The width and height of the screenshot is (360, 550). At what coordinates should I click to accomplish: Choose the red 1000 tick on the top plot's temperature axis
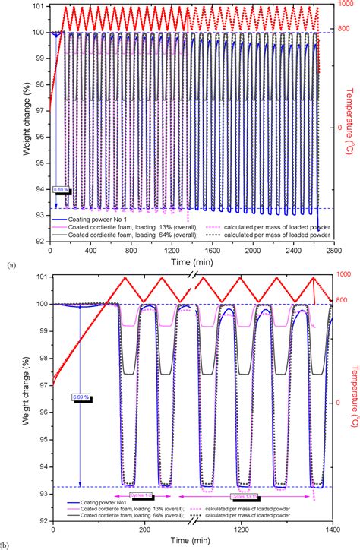[345, 8]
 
